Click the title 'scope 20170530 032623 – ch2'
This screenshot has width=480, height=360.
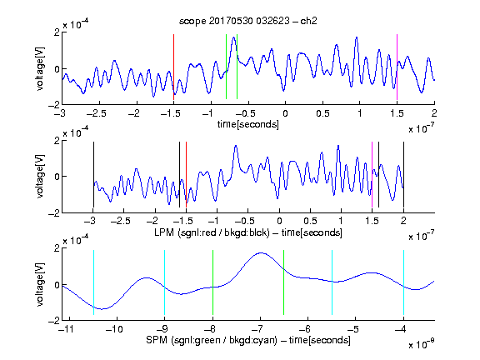[248, 21]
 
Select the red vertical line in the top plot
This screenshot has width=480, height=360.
[174, 67]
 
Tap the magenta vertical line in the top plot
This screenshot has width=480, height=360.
[397, 67]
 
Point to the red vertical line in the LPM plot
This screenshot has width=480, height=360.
[186, 174]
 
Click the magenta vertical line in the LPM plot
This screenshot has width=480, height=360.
[372, 174]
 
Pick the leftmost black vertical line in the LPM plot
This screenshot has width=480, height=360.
[93, 174]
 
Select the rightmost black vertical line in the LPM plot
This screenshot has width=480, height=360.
[403, 174]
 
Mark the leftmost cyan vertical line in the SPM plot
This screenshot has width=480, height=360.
[93, 282]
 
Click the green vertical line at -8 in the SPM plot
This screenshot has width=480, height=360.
[212, 282]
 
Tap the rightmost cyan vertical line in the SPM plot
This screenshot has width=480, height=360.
[403, 282]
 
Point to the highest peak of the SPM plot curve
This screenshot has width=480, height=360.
[261, 252]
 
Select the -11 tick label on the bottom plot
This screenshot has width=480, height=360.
[67, 329]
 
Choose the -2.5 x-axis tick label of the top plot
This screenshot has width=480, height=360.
[96, 113]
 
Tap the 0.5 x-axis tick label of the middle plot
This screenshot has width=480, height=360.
[310, 221]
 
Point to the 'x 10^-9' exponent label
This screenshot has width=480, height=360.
[421, 344]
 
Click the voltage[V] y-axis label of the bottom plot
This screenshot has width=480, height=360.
[40, 284]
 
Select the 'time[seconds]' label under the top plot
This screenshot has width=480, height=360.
[248, 124]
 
